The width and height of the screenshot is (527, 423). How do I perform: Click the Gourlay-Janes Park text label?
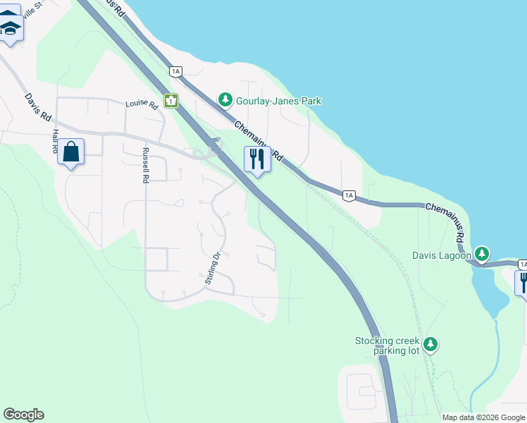click(279, 101)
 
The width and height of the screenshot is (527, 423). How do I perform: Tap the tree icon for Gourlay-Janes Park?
click(225, 100)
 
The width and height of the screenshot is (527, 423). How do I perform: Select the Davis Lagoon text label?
click(442, 255)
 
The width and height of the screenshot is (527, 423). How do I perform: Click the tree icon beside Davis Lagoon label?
click(482, 253)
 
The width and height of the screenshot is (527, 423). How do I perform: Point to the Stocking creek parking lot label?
click(387, 345)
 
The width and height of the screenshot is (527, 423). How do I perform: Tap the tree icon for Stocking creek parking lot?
click(430, 345)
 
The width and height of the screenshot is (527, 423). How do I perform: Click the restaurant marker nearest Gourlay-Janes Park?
click(257, 159)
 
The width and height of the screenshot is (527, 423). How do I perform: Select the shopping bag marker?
click(71, 152)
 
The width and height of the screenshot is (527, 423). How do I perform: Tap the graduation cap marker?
click(11, 28)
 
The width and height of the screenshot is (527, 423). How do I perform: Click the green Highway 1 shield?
click(171, 101)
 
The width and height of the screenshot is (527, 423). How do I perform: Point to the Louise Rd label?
click(142, 104)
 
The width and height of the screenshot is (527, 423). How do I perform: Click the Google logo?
click(23, 415)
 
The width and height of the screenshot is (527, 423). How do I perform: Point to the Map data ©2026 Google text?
click(483, 417)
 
